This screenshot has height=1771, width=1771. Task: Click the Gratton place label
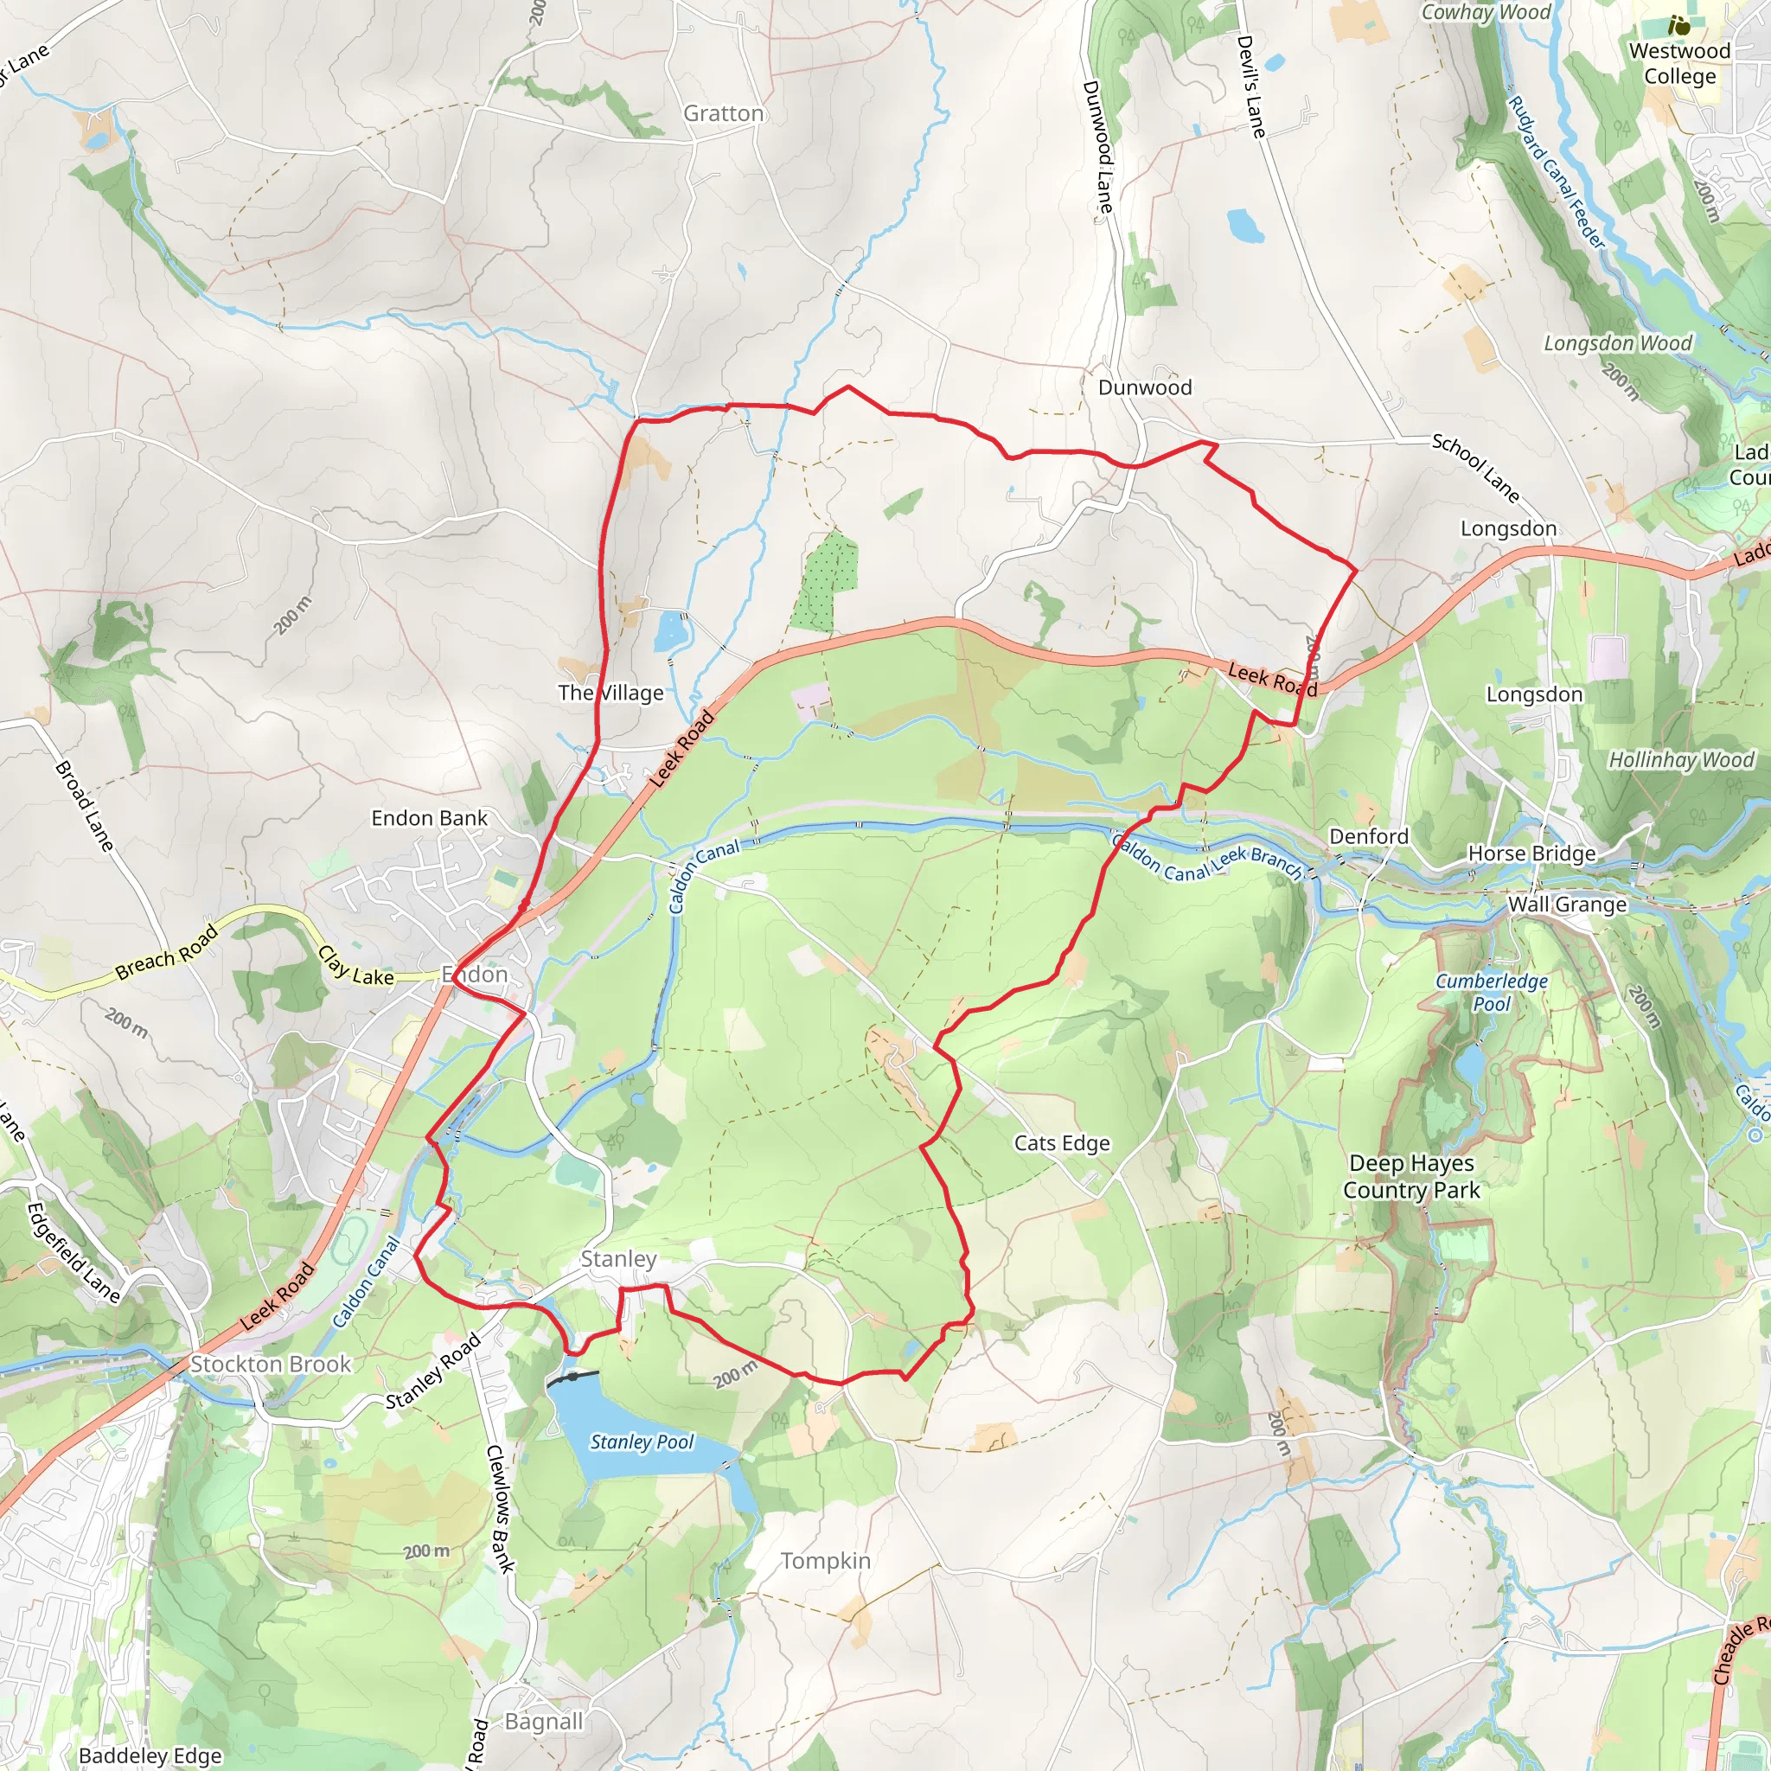pyautogui.click(x=723, y=113)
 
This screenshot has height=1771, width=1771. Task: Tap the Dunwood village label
pyautogui.click(x=1145, y=387)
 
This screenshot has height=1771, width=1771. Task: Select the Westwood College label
pyautogui.click(x=1679, y=63)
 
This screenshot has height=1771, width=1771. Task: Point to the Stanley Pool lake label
pyautogui.click(x=642, y=1442)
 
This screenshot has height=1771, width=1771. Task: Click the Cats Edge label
pyautogui.click(x=1062, y=1143)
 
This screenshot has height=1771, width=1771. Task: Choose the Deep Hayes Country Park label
pyautogui.click(x=1410, y=1176)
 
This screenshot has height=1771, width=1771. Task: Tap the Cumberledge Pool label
pyautogui.click(x=1492, y=992)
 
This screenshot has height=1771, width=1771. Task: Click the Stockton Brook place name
pyautogui.click(x=271, y=1364)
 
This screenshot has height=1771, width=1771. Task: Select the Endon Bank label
pyautogui.click(x=429, y=818)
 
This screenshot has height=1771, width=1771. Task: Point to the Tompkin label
pyautogui.click(x=825, y=1560)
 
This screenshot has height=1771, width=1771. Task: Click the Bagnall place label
pyautogui.click(x=544, y=1722)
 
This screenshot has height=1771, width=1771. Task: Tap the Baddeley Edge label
pyautogui.click(x=150, y=1756)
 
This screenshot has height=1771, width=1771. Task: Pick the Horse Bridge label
pyautogui.click(x=1531, y=854)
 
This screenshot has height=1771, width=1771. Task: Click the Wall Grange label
pyautogui.click(x=1567, y=905)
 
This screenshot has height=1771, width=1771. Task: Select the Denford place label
pyautogui.click(x=1369, y=836)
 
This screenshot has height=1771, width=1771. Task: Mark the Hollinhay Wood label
pyautogui.click(x=1681, y=760)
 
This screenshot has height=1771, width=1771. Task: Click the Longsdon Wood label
pyautogui.click(x=1618, y=342)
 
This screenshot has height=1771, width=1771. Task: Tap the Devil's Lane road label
pyautogui.click(x=1251, y=86)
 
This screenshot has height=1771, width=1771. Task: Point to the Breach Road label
pyautogui.click(x=168, y=951)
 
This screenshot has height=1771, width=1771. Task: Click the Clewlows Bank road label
pyautogui.click(x=500, y=1509)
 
